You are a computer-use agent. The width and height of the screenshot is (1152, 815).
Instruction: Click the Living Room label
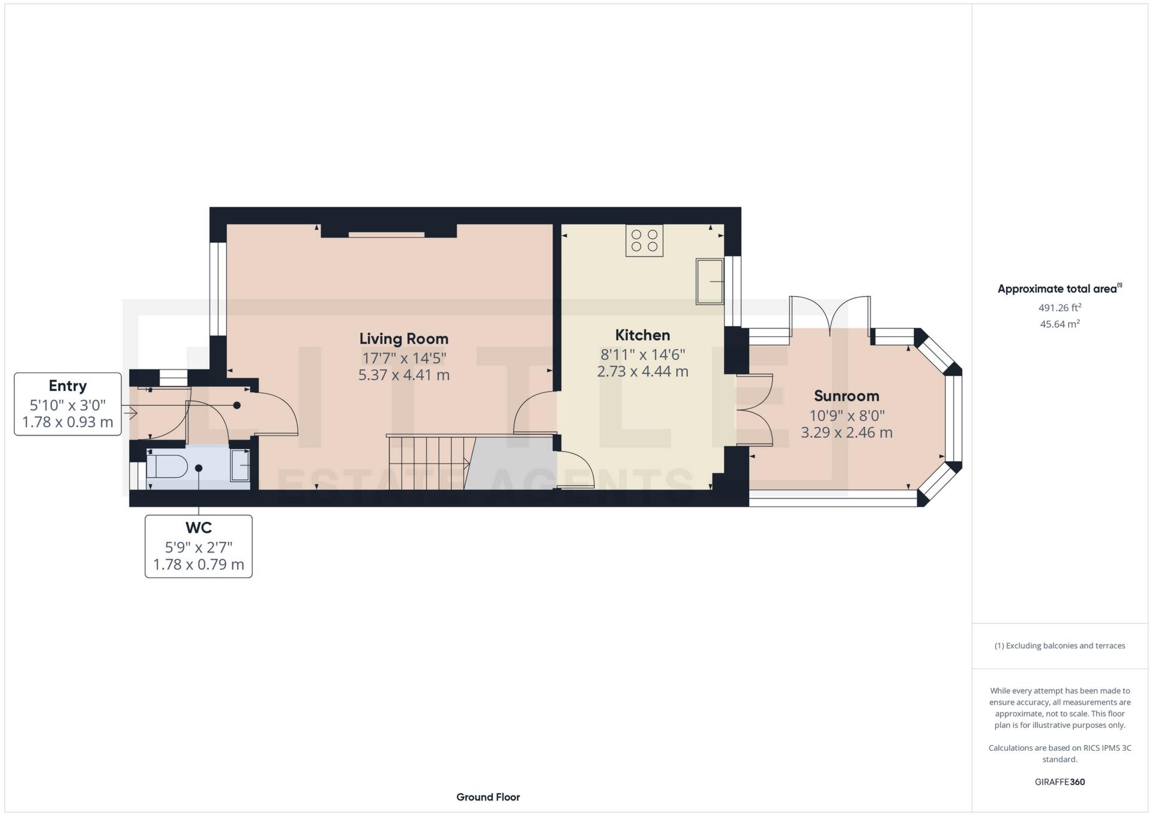point(403,339)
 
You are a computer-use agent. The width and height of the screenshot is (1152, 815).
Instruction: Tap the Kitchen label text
point(642,335)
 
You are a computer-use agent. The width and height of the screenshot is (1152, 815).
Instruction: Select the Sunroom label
point(846,396)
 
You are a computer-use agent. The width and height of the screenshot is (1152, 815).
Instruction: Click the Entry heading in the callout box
point(68,386)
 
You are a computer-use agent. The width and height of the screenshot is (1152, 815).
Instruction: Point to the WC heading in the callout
point(198,528)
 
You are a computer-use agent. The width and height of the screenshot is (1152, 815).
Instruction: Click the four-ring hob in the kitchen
point(644,240)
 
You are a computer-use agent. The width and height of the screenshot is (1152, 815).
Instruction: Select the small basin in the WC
point(240,464)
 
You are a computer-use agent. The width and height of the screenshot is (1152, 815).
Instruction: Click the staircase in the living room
point(427,462)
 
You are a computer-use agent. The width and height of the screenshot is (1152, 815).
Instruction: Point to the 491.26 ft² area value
point(1060,308)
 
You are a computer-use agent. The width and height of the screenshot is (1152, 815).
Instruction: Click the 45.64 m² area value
point(1060,324)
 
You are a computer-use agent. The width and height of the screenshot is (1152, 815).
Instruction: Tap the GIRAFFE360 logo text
point(1060,782)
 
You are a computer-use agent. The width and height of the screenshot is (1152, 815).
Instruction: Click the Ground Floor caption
point(488,797)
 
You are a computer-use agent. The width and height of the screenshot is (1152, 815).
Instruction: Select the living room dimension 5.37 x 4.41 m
point(403,375)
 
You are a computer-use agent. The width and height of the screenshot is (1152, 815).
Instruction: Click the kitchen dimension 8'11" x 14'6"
point(642,354)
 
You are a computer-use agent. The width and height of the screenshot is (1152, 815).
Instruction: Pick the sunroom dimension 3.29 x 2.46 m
point(846,432)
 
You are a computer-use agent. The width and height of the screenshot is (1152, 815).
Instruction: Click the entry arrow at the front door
point(130,413)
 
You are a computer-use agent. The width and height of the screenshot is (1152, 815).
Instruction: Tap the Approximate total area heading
point(1058,289)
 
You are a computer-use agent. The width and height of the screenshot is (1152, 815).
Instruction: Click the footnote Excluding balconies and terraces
point(1060,646)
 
